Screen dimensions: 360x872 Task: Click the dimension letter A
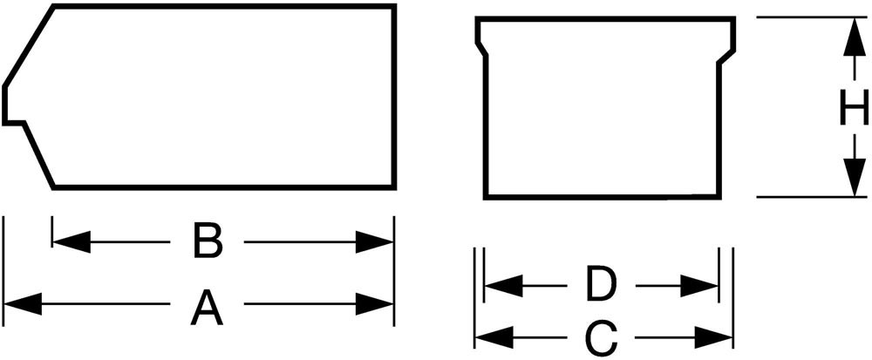[x=207, y=307]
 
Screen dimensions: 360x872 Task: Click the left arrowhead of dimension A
[x=22, y=304]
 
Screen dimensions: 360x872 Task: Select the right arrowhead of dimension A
[x=376, y=304]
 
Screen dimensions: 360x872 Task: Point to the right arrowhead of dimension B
[x=376, y=241]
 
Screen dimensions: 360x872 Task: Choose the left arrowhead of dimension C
[x=492, y=335]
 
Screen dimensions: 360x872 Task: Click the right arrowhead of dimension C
[x=714, y=335]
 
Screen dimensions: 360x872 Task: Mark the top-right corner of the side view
[x=395, y=6]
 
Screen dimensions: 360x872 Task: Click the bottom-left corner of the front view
[x=486, y=196]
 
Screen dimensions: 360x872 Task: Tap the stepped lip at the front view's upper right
[x=726, y=56]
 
